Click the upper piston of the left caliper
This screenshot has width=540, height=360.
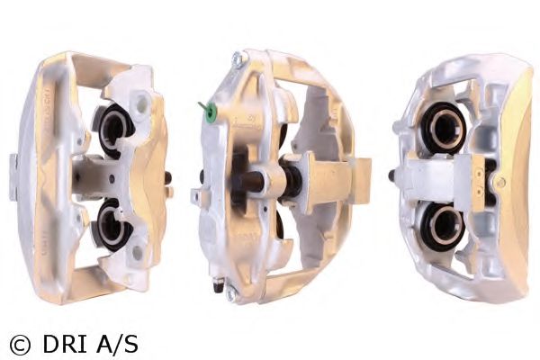tap(113, 129)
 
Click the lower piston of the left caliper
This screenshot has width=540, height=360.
tap(112, 225)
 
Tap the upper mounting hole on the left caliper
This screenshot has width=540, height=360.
tap(142, 102)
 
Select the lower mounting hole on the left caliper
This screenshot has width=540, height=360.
tap(137, 253)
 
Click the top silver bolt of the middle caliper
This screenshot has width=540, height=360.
tap(238, 58)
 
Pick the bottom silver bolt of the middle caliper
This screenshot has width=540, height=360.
tap(231, 293)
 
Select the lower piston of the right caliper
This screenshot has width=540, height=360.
tap(444, 225)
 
